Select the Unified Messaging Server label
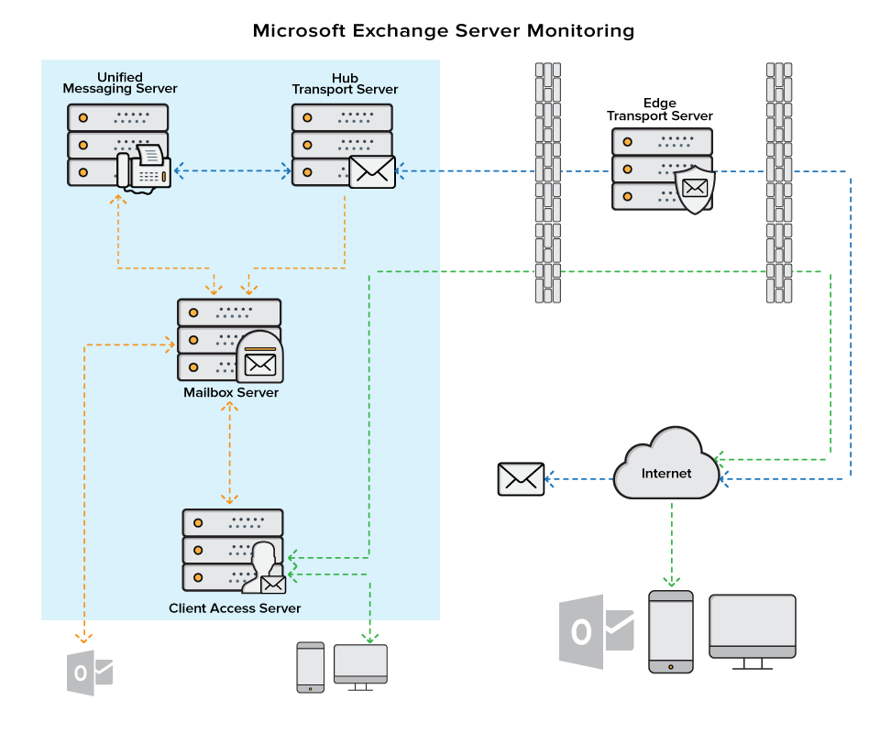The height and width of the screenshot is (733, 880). [x=119, y=83]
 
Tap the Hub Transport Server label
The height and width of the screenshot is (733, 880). [x=345, y=84]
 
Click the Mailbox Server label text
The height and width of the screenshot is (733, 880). [x=230, y=393]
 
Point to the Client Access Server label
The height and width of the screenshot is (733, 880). [x=235, y=608]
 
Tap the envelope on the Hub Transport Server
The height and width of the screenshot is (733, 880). [x=371, y=171]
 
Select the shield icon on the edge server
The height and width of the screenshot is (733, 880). [x=694, y=189]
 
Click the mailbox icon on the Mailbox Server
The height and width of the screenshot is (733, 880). [x=259, y=357]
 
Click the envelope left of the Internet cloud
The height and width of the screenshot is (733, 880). [x=521, y=478]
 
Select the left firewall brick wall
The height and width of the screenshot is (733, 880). [x=547, y=183]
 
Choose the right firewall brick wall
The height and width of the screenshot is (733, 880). [x=778, y=183]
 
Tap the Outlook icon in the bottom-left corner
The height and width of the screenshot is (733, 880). [x=89, y=673]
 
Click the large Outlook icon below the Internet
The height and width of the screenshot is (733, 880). [x=596, y=631]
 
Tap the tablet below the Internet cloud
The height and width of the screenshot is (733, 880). [x=671, y=631]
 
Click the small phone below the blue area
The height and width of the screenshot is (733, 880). [x=311, y=667]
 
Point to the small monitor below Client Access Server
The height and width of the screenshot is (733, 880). [x=360, y=665]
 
